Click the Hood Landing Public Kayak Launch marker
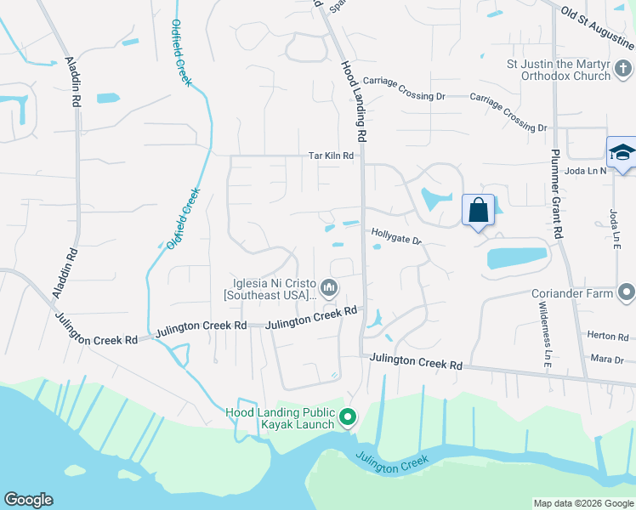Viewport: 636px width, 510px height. point(347,417)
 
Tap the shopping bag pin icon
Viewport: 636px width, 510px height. point(478,210)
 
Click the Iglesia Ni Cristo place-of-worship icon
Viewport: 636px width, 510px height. point(329,290)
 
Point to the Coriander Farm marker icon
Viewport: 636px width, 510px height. point(627,294)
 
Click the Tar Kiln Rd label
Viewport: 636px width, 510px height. point(331,156)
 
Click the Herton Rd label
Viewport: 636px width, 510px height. point(606,337)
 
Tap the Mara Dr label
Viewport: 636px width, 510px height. point(607,360)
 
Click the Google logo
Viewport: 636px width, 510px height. point(28,500)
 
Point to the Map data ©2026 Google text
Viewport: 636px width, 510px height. point(582,503)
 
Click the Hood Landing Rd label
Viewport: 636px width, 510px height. point(353,99)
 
